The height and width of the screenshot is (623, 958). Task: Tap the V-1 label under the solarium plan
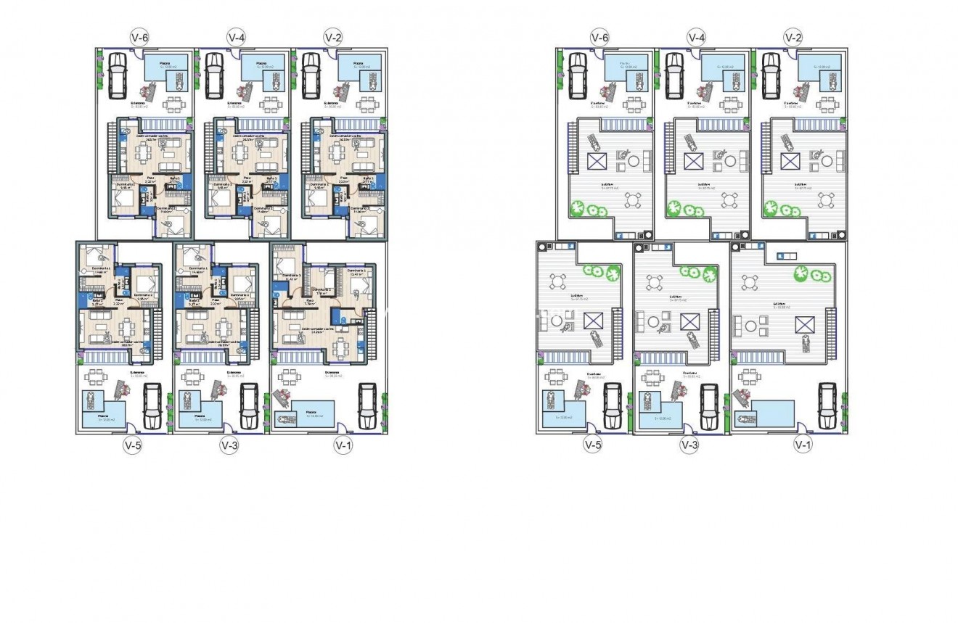[x=802, y=445]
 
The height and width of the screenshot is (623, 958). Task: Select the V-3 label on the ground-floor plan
[x=229, y=445]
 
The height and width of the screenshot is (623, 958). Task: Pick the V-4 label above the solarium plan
[x=696, y=36]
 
